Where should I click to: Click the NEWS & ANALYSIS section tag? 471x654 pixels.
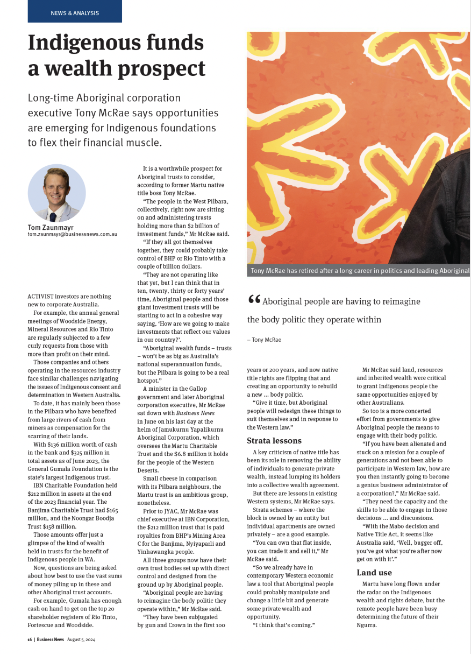pyautogui.click(x=75, y=13)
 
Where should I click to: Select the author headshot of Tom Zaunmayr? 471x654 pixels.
pyautogui.click(x=56, y=193)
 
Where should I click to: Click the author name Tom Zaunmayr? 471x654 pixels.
pyautogui.click(x=51, y=227)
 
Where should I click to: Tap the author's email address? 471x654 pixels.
pyautogui.click(x=72, y=234)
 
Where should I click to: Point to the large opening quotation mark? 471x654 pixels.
pyautogui.click(x=254, y=301)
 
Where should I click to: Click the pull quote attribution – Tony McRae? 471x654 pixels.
pyautogui.click(x=264, y=340)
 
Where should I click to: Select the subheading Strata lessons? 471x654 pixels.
pyautogui.click(x=274, y=441)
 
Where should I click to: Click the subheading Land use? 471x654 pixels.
pyautogui.click(x=374, y=573)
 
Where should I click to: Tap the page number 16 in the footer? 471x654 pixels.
pyautogui.click(x=30, y=639)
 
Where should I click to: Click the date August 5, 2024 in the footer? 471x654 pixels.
pyautogui.click(x=81, y=639)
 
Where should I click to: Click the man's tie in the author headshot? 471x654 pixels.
pyautogui.click(x=53, y=216)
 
